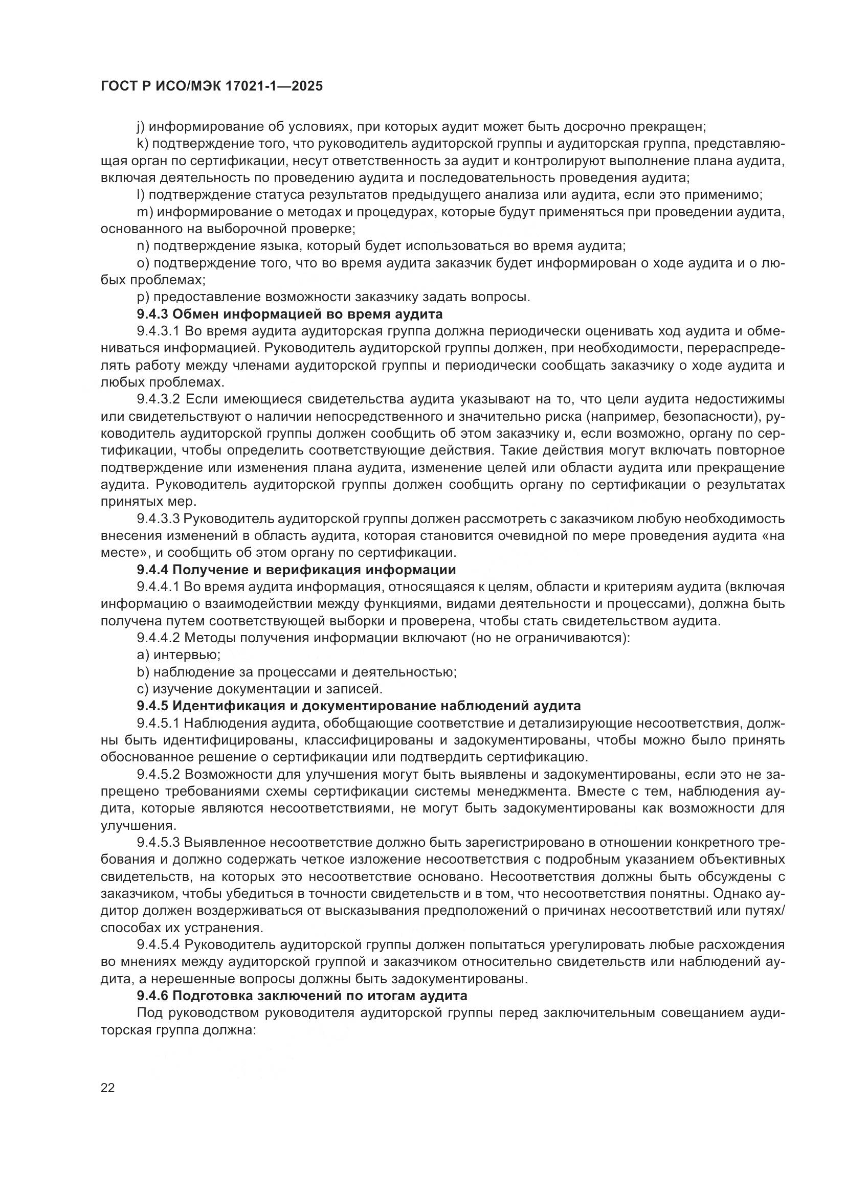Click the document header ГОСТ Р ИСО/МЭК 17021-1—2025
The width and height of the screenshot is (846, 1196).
[x=212, y=86]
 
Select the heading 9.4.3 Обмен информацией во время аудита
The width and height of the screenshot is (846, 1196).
[x=290, y=314]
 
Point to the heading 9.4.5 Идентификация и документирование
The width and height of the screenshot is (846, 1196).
[x=359, y=706]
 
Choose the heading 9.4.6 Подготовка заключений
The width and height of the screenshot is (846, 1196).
[x=302, y=996]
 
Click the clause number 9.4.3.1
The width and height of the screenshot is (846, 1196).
[x=158, y=331]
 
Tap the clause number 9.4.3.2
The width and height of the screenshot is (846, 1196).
[x=158, y=399]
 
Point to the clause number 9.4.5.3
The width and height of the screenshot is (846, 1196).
[x=158, y=842]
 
